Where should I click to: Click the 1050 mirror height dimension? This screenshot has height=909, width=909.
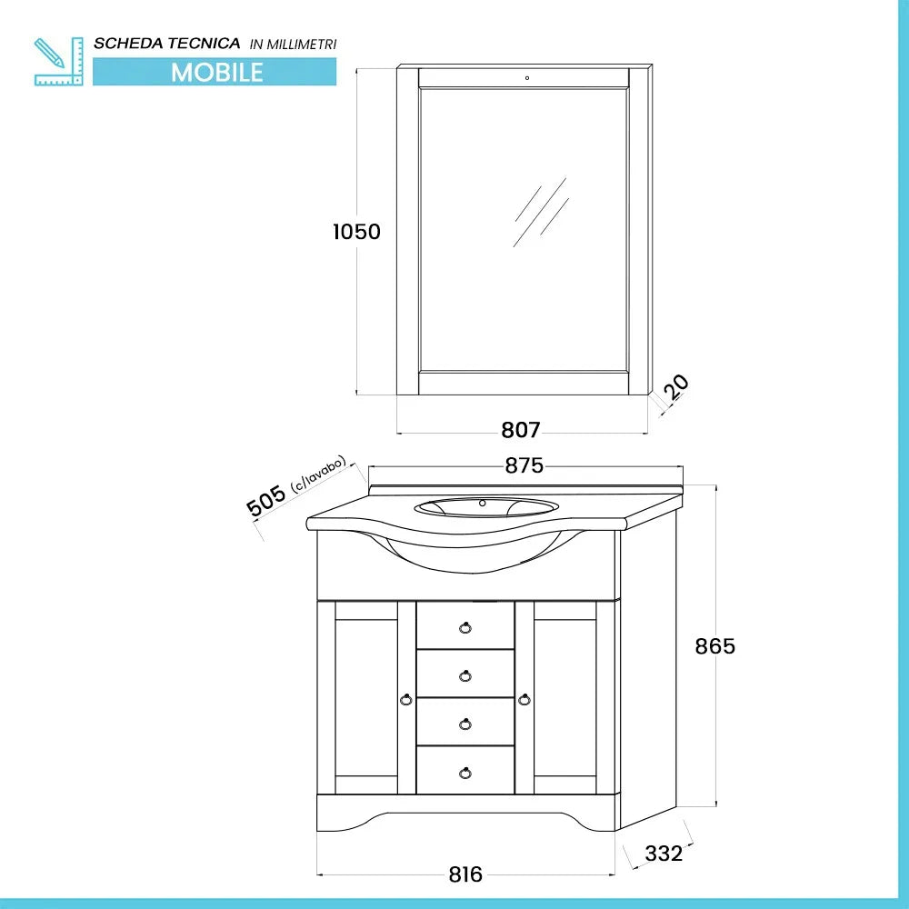point(355,232)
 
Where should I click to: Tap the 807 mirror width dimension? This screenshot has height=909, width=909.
point(521,430)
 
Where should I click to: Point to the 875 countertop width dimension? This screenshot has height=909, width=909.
point(524,466)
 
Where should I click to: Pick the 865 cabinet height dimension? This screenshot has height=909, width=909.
point(714,646)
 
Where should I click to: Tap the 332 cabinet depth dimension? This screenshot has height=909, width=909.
point(664,854)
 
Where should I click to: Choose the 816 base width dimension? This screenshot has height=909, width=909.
point(465,874)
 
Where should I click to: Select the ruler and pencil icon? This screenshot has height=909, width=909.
point(56,61)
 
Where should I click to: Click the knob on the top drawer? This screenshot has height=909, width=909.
point(465,626)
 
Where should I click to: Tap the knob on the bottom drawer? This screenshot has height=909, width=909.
point(465,773)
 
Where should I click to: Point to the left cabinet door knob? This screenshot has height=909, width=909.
point(406,699)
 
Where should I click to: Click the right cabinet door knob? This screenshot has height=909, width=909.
point(524,699)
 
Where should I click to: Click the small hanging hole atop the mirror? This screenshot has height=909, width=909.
point(526,77)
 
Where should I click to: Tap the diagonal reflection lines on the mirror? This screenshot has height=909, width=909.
point(540,212)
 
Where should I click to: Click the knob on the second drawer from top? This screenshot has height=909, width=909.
point(465,674)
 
